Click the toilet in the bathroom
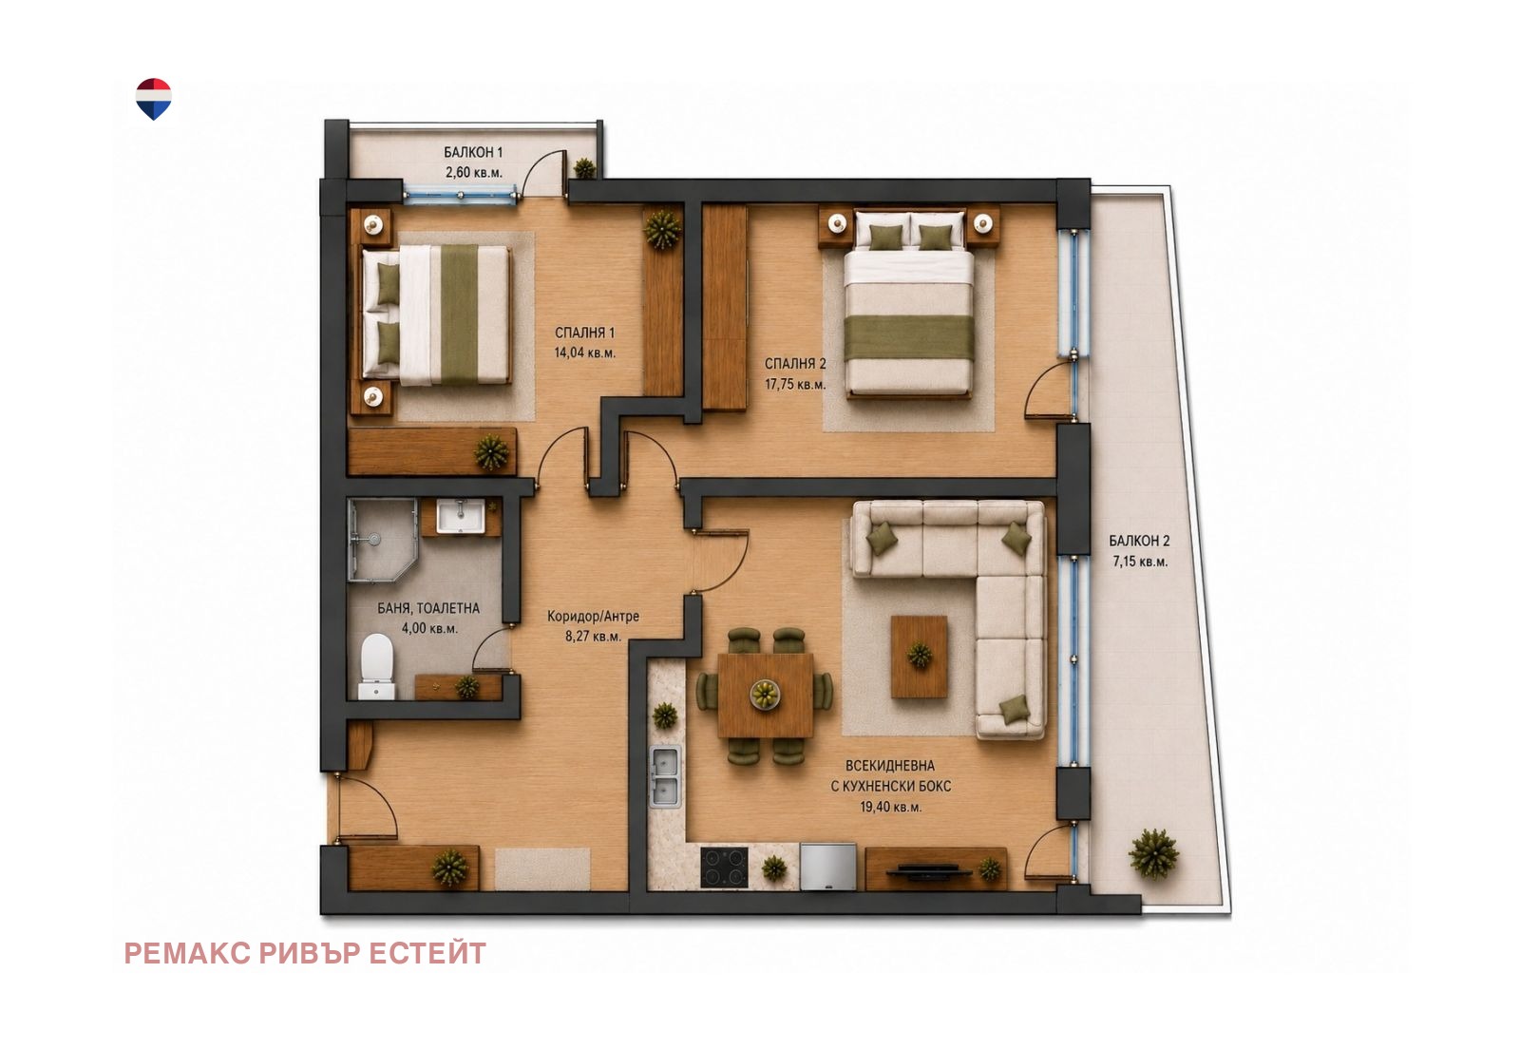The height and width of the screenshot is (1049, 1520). coord(376,666)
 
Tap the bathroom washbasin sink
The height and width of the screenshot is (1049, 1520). coord(460,516)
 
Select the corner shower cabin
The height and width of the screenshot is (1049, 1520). coord(382,540)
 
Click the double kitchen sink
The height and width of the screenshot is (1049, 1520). coord(666,776)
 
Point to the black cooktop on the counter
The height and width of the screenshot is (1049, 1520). coord(724,867)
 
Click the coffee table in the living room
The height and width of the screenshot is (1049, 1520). coord(920,657)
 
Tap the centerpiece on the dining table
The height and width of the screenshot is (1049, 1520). coord(765,694)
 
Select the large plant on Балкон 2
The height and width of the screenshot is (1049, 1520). coord(1153,853)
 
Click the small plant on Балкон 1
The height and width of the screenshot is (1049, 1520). coord(583,167)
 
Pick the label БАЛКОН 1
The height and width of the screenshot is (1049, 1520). coord(473,153)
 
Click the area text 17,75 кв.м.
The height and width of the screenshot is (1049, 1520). coord(795,385)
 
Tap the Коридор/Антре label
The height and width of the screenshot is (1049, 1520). coord(593,617)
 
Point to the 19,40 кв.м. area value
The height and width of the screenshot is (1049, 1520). coord(890,808)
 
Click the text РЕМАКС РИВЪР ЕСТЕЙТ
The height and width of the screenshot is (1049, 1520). coord(305,953)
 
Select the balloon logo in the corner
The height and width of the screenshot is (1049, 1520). coord(153,99)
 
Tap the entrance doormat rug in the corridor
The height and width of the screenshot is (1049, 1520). coord(542,868)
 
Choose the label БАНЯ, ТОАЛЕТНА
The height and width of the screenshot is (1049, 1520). coord(428,609)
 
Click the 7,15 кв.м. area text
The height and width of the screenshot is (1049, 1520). coord(1139,563)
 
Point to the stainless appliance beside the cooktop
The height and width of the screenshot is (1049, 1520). coord(827,866)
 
